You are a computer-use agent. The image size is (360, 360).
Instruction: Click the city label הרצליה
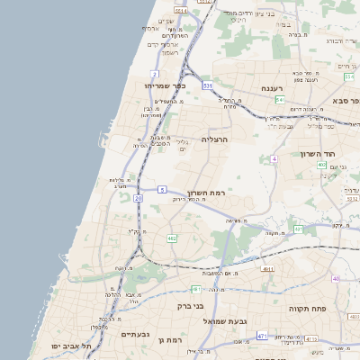point(216,139)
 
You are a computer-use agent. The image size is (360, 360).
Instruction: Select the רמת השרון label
point(206,193)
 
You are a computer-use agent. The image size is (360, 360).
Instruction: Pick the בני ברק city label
point(187,291)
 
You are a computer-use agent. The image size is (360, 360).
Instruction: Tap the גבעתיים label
point(135,333)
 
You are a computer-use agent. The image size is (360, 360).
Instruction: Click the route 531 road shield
point(208,85)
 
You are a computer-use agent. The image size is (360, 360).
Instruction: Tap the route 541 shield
point(280,100)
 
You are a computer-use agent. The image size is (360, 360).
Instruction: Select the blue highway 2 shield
point(156,74)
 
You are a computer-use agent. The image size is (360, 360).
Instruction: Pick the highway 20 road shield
point(138,197)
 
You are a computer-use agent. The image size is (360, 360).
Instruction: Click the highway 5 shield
point(161,189)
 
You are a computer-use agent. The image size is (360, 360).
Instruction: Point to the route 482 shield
point(172,238)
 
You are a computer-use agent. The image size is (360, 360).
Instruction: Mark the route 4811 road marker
point(266,269)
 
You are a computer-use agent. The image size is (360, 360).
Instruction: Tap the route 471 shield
point(262,336)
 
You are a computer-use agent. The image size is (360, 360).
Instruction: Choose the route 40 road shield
point(335,278)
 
